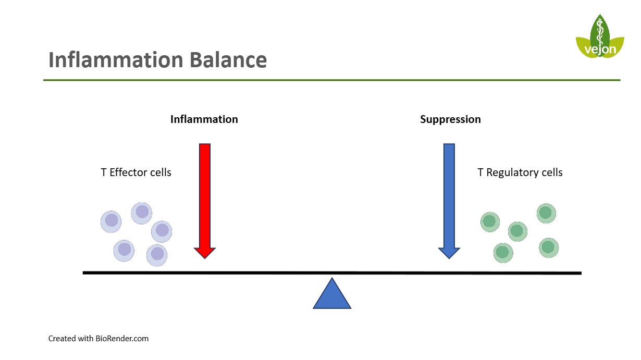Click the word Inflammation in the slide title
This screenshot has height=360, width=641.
[116, 60]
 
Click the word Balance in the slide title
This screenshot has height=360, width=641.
[228, 60]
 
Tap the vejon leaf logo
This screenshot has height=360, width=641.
[600, 36]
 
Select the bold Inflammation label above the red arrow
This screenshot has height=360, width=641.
[204, 119]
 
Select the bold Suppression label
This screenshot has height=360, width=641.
[450, 119]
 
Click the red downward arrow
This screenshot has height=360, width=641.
[205, 201]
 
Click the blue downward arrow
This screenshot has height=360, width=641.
[449, 201]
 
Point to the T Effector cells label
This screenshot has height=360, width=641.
[136, 172]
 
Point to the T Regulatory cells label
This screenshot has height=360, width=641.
[520, 172]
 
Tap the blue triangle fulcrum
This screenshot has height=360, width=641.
[332, 295]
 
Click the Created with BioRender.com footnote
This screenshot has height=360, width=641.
[98, 339]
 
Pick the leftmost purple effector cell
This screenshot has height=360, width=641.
[111, 221]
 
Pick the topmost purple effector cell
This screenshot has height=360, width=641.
[142, 213]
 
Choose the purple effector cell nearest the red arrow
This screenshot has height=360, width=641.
[162, 231]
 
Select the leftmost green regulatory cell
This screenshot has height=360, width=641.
[490, 222]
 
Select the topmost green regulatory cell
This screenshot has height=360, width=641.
[546, 213]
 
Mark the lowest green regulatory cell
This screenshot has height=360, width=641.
[503, 253]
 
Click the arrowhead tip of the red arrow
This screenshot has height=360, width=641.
[205, 259]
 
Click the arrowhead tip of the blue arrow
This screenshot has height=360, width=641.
[449, 259]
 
